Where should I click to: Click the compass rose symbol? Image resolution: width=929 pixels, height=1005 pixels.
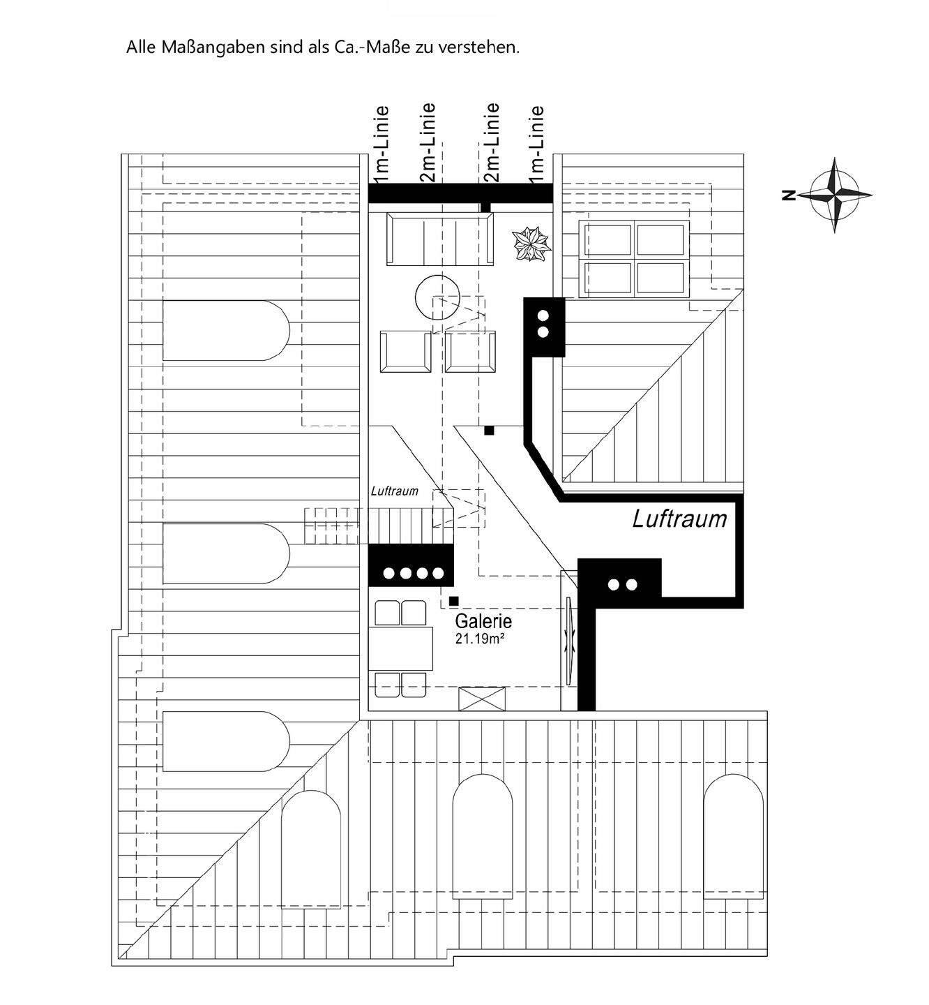[835, 195]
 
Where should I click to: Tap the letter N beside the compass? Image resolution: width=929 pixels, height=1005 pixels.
[789, 195]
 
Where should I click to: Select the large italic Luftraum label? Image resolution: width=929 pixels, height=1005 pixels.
[679, 519]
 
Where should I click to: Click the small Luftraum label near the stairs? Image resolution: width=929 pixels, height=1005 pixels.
[395, 491]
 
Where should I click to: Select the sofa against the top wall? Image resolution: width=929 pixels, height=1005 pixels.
[439, 239]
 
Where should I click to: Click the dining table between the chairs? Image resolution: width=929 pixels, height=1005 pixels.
[401, 648]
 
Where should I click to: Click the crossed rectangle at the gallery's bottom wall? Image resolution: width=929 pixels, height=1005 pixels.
[482, 699]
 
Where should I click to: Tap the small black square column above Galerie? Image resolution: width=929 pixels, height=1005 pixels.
[454, 600]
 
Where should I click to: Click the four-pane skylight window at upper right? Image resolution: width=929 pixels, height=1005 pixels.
[635, 258]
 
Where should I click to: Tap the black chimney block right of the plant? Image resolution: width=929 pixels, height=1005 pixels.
[544, 327]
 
